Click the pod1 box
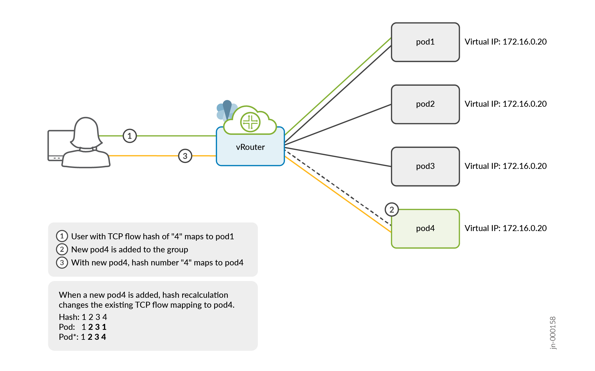pos(425,42)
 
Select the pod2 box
pos(425,104)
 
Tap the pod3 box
pos(425,166)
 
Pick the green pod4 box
pos(425,229)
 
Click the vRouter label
pos(250,147)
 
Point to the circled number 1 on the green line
pos(130,136)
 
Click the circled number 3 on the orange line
pos(185,156)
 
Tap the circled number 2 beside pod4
pos(392,210)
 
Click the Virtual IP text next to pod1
pos(505,42)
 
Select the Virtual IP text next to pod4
pos(505,229)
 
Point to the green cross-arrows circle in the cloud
pos(250,122)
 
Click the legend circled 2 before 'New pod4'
pos(62,250)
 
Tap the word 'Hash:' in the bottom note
pos(69,317)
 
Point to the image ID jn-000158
pos(553,333)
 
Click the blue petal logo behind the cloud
pos(224,111)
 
